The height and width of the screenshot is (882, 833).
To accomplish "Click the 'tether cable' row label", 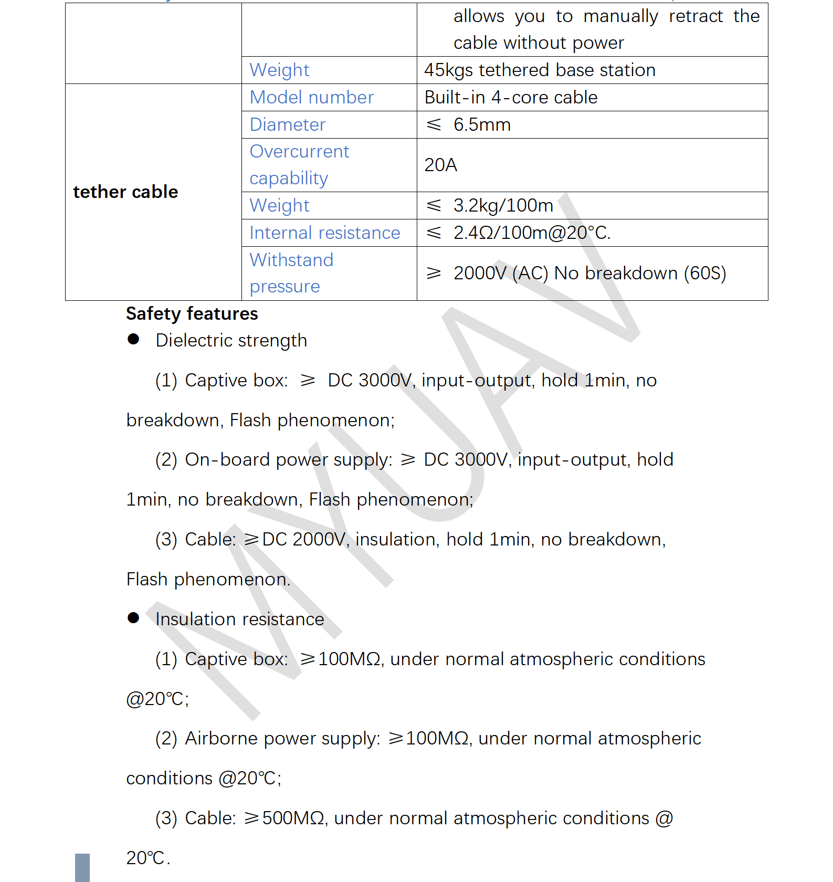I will tap(125, 192).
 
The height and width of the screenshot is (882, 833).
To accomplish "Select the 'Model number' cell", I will tap(311, 98).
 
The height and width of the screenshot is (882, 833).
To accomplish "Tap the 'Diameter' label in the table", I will tap(287, 125).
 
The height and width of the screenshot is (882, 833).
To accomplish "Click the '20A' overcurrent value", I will tap(440, 165).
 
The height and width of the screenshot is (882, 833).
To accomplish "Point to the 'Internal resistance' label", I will tap(324, 233).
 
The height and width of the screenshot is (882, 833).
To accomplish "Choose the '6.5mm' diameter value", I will tap(482, 125).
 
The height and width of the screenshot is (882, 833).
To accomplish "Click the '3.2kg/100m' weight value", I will tap(503, 206).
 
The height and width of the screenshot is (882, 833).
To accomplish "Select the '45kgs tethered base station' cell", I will tap(540, 70).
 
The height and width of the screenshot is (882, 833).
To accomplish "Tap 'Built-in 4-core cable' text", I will tap(511, 98).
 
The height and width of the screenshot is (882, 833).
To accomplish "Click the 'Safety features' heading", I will tap(192, 314).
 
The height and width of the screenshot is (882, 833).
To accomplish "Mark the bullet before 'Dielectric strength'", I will tap(133, 340).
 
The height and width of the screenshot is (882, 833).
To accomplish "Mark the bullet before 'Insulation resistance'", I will tap(133, 618).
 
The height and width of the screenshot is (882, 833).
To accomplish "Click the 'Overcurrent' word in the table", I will tap(299, 152).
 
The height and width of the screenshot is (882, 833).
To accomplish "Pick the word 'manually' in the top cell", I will tap(620, 17).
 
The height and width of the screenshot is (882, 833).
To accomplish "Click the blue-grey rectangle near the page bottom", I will tap(82, 867).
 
